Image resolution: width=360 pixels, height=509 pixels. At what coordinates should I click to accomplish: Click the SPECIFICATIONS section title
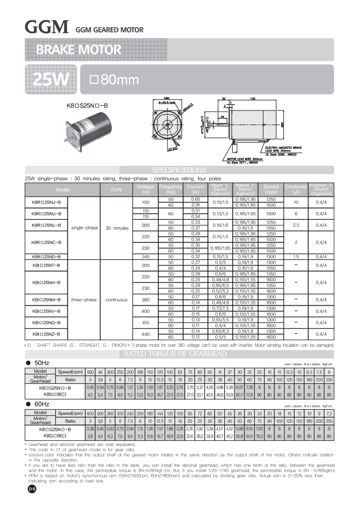(180, 170)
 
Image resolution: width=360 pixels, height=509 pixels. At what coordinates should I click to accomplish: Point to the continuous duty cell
(117, 299)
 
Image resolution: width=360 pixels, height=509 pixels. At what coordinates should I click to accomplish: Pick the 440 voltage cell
(145, 334)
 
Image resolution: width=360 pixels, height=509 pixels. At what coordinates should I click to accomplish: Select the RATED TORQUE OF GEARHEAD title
(179, 354)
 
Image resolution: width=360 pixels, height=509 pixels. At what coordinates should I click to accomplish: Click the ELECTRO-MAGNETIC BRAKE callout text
(289, 148)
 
